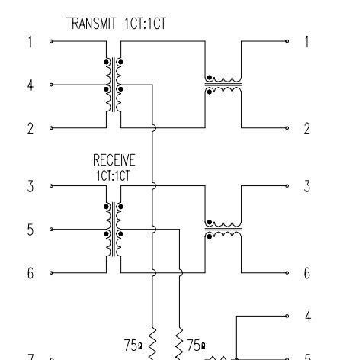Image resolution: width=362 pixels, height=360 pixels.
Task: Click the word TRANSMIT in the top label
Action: pyautogui.click(x=91, y=24)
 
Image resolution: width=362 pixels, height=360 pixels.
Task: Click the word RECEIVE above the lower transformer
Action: pyautogui.click(x=114, y=160)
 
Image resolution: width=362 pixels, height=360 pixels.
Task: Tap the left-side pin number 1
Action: pyautogui.click(x=30, y=42)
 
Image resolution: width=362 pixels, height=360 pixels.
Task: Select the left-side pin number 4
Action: pyautogui.click(x=30, y=85)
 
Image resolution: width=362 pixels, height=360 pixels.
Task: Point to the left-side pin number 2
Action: pyautogui.click(x=30, y=129)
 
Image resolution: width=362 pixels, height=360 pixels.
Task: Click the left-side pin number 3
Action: pyautogui.click(x=30, y=186)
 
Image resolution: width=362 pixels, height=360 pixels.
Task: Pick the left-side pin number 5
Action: pyautogui.click(x=30, y=230)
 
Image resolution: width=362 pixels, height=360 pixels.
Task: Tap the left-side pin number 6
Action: pyautogui.click(x=30, y=273)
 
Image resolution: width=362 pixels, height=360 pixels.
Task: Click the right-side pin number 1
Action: pyautogui.click(x=307, y=42)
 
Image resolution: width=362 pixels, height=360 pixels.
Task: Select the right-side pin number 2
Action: pyautogui.click(x=307, y=129)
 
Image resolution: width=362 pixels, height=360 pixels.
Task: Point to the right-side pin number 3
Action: pyautogui.click(x=307, y=186)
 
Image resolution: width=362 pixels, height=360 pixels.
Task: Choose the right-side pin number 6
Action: pyautogui.click(x=307, y=273)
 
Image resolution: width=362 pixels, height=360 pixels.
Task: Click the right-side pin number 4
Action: pyautogui.click(x=308, y=317)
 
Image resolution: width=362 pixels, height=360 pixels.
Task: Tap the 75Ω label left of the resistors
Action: pyautogui.click(x=133, y=346)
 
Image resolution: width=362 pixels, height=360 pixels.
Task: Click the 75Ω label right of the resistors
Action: pyautogui.click(x=196, y=346)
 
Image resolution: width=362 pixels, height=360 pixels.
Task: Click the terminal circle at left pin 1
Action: pyautogui.click(x=51, y=41)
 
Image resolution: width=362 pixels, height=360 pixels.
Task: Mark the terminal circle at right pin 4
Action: pyautogui.click(x=287, y=316)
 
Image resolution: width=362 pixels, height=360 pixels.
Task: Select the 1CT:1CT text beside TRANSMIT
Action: pyautogui.click(x=145, y=24)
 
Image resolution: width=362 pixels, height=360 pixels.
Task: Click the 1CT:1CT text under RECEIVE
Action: pyautogui.click(x=114, y=175)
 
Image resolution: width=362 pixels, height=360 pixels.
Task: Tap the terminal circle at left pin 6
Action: pyautogui.click(x=51, y=273)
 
